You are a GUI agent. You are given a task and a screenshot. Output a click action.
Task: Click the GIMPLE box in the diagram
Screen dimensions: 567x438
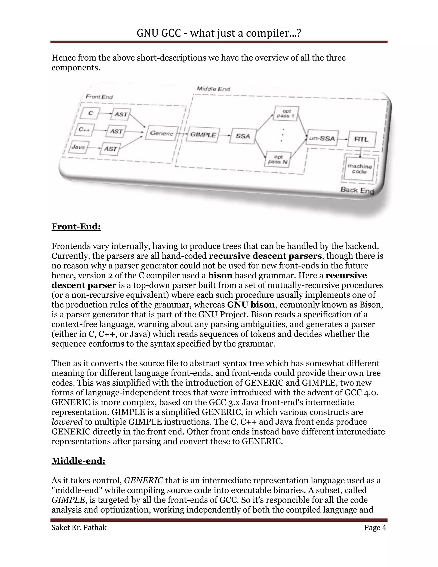[x=203, y=135]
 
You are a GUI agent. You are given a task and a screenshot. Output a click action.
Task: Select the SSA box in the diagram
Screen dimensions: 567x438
[x=243, y=136]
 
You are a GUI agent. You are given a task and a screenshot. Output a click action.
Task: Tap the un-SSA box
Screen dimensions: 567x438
[x=322, y=138]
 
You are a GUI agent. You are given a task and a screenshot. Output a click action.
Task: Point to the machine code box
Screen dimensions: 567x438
[x=359, y=169]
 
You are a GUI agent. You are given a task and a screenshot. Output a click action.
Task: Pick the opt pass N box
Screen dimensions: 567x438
[x=277, y=159]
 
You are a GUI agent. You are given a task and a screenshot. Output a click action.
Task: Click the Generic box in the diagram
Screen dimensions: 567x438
[x=162, y=133]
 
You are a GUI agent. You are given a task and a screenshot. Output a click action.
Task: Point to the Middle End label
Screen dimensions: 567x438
[x=213, y=89]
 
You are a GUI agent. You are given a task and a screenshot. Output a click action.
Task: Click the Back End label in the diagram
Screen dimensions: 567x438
[x=357, y=190]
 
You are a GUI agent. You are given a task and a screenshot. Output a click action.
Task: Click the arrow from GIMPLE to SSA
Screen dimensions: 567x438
[x=225, y=135]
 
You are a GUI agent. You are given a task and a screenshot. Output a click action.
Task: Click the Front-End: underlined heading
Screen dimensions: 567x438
[x=76, y=227]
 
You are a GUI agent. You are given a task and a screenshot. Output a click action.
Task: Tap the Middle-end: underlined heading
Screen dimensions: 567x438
[x=78, y=461]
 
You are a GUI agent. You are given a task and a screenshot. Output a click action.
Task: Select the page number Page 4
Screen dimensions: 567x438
[x=375, y=533]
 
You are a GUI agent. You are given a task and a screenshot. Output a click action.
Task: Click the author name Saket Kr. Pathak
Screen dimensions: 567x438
[x=79, y=533]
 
